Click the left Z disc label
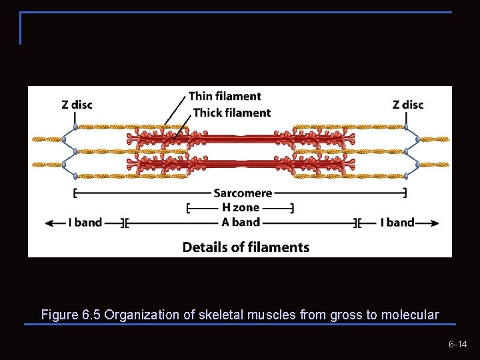pyautogui.click(x=77, y=105)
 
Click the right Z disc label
pyautogui.click(x=408, y=105)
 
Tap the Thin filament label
pyautogui.click(x=225, y=97)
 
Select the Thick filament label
pyautogui.click(x=232, y=113)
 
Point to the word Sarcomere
pyautogui.click(x=243, y=193)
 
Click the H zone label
pyautogui.click(x=240, y=208)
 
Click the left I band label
pyautogui.click(x=85, y=223)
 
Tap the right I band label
pyautogui.click(x=397, y=223)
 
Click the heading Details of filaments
pyautogui.click(x=246, y=247)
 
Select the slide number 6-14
pyautogui.click(x=457, y=344)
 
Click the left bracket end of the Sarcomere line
pyautogui.click(x=75, y=193)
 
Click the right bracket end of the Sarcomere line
pyautogui.click(x=405, y=193)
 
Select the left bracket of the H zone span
pyautogui.click(x=189, y=208)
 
